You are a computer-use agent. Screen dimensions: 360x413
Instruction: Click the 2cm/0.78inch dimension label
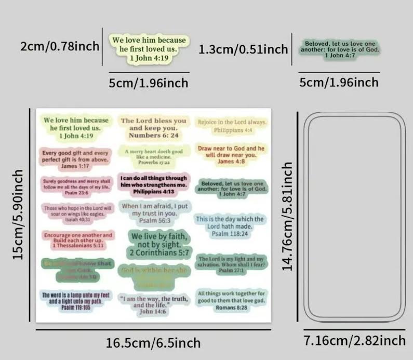point(60,46)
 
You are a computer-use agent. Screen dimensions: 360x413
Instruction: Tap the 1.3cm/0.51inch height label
point(243,49)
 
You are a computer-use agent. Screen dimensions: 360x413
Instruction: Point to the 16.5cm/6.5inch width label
point(153,343)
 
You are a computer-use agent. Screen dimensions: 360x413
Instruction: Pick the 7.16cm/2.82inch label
point(354,341)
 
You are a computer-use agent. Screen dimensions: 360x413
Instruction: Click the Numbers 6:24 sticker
point(153,128)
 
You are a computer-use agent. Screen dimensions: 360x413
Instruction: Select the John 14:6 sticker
point(154,305)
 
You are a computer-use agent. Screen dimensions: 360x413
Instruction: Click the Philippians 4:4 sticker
point(232,126)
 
